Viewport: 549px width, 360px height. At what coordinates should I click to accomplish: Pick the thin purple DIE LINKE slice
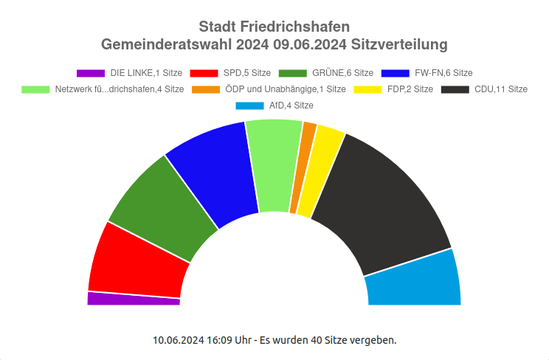[133, 298]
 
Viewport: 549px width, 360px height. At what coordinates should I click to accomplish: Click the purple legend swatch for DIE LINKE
[91, 73]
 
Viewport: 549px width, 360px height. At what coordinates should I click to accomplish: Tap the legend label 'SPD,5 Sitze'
[247, 73]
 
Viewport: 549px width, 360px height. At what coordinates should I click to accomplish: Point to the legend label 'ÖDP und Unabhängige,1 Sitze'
[286, 89]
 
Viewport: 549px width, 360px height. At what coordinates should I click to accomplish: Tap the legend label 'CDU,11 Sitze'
[501, 89]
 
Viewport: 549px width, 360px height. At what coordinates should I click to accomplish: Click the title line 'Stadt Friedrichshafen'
[274, 28]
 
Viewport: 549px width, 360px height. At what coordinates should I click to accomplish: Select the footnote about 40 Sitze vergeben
[274, 340]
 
